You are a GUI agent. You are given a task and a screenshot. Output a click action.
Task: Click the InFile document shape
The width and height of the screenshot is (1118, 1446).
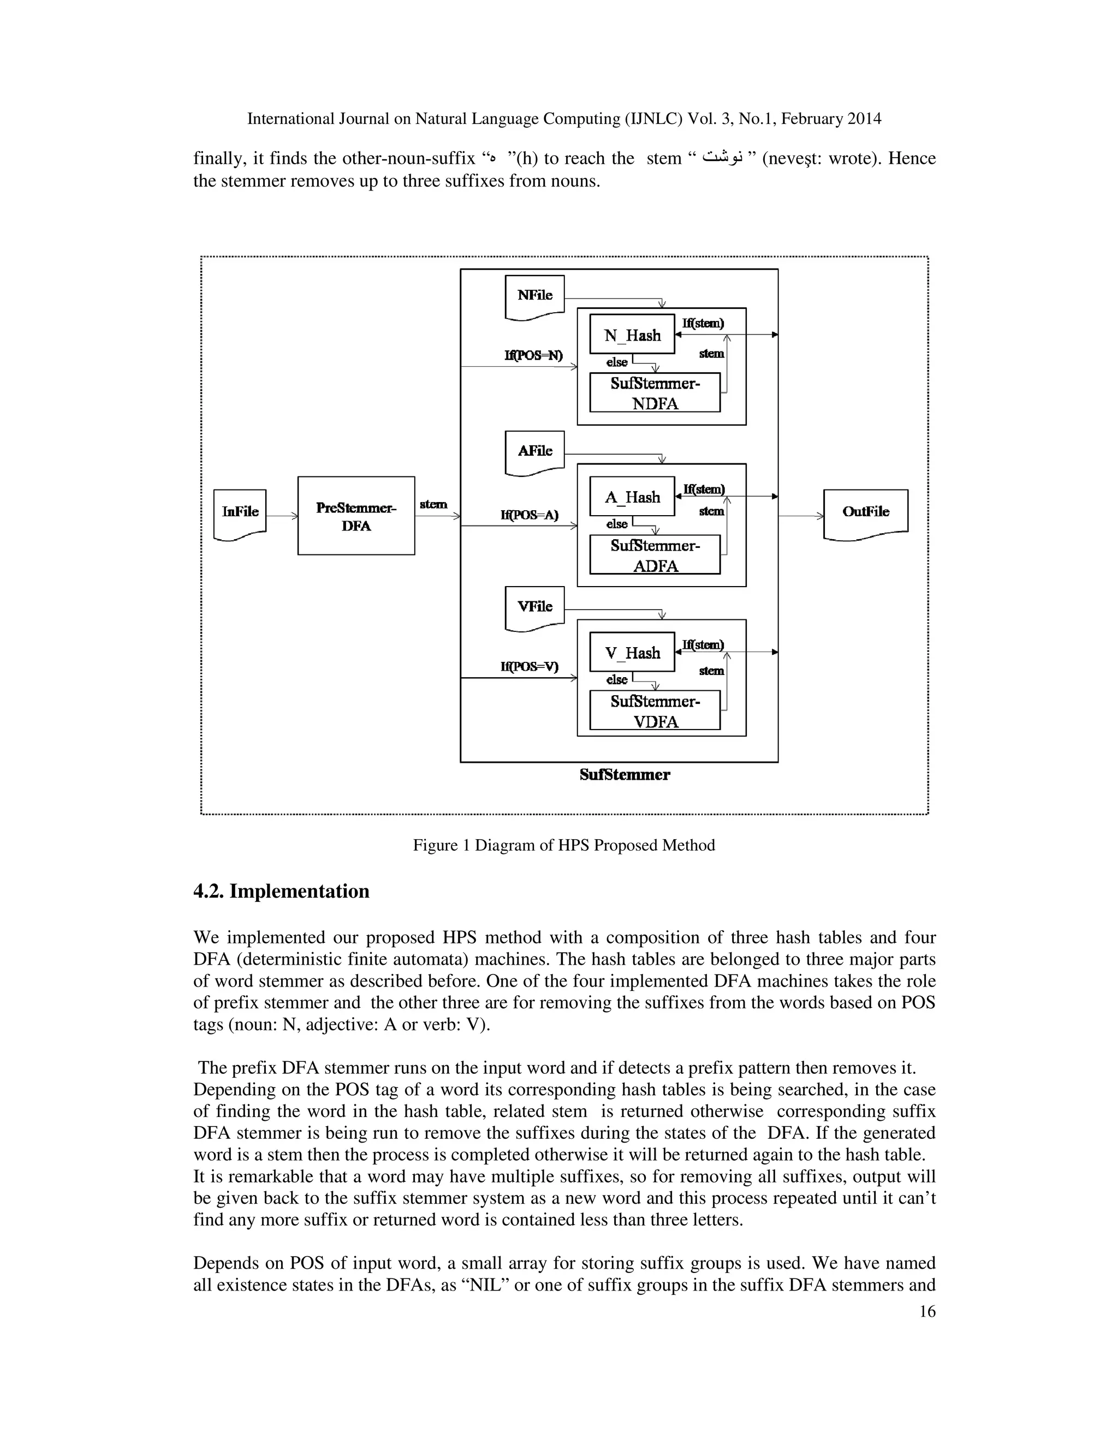pos(240,513)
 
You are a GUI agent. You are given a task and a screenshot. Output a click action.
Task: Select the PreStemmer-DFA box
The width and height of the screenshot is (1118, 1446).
pos(356,516)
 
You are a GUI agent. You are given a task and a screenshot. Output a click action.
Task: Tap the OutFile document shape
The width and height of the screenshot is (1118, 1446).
pos(866,513)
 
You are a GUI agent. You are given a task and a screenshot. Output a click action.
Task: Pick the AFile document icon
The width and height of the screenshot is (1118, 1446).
pos(534,452)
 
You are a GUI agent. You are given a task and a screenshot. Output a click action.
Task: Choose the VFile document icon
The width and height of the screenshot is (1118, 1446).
pos(534,607)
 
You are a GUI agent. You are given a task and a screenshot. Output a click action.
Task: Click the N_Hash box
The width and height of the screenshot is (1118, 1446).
pos(632,335)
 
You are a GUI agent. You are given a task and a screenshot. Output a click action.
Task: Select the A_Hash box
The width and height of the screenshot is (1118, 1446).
pos(632,497)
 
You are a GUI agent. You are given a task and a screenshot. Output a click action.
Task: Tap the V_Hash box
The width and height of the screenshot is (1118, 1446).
pos(632,653)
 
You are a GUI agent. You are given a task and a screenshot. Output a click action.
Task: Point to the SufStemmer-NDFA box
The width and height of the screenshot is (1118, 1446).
pos(655,393)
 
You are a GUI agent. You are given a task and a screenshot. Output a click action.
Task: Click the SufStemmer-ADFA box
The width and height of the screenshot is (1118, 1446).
pos(655,555)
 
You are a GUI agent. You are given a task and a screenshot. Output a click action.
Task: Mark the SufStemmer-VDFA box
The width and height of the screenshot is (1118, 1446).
pos(655,710)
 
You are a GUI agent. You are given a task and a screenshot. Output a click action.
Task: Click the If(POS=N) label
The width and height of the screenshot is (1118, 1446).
pos(533,356)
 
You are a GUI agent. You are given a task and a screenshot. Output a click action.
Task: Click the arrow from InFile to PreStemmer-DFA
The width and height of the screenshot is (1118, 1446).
pos(282,516)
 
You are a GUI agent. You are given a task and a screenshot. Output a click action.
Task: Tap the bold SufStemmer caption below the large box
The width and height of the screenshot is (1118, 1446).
pos(625,775)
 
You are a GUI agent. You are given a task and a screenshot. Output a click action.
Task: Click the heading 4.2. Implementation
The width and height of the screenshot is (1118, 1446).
pos(281,891)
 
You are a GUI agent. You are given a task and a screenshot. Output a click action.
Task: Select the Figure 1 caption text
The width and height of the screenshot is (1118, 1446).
pos(563,845)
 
